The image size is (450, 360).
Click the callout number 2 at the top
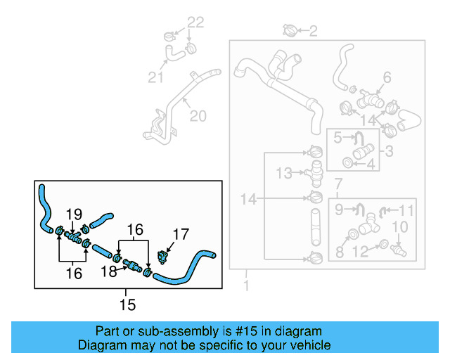tap(313, 31)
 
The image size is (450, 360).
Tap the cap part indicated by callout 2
tap(289, 30)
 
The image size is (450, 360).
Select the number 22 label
tap(195, 23)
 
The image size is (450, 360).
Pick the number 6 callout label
tap(387, 77)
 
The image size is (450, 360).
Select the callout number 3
tap(387, 150)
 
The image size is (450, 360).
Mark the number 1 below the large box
tap(246, 286)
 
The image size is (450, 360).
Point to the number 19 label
tap(74, 214)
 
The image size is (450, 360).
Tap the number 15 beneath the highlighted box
tap(127, 304)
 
